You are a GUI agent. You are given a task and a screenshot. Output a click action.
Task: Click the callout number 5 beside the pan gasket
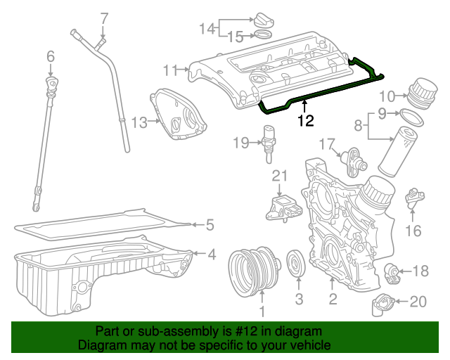(x=209, y=226)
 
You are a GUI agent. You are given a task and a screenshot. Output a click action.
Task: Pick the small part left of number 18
(x=394, y=270)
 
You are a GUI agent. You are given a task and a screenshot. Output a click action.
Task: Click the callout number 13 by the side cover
(x=139, y=123)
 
